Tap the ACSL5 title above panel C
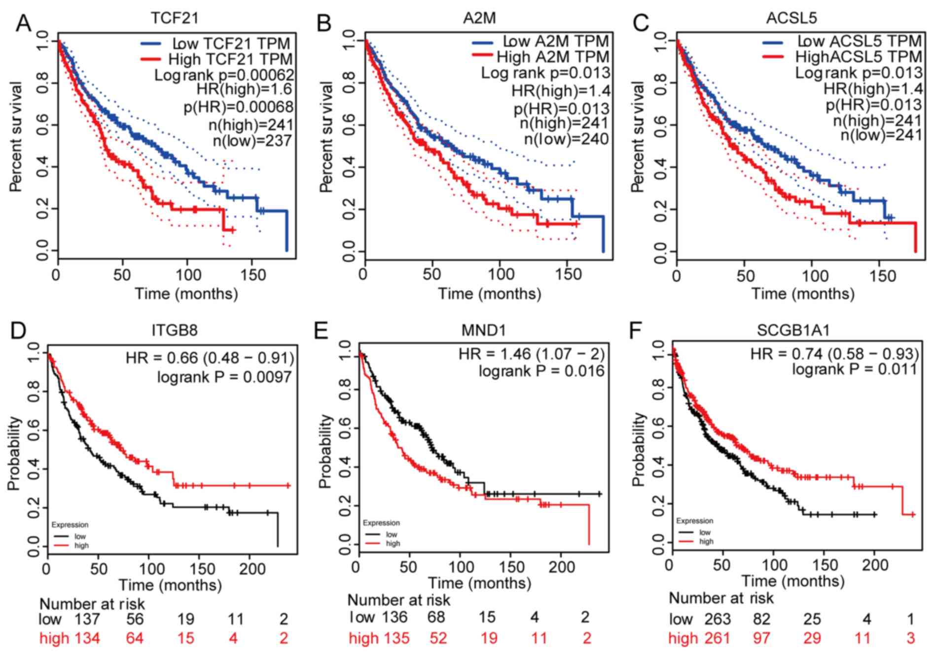(791, 18)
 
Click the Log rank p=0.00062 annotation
(224, 75)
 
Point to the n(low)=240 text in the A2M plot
(566, 140)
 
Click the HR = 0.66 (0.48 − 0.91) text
(210, 358)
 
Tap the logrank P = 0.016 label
(541, 371)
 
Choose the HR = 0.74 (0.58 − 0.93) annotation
(834, 354)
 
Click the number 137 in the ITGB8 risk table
(87, 619)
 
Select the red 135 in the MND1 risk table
(397, 638)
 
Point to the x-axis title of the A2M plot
(489, 294)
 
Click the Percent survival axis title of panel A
(16, 137)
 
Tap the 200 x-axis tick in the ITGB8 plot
(251, 569)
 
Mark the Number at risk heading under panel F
(720, 599)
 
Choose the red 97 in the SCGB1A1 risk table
(761, 638)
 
